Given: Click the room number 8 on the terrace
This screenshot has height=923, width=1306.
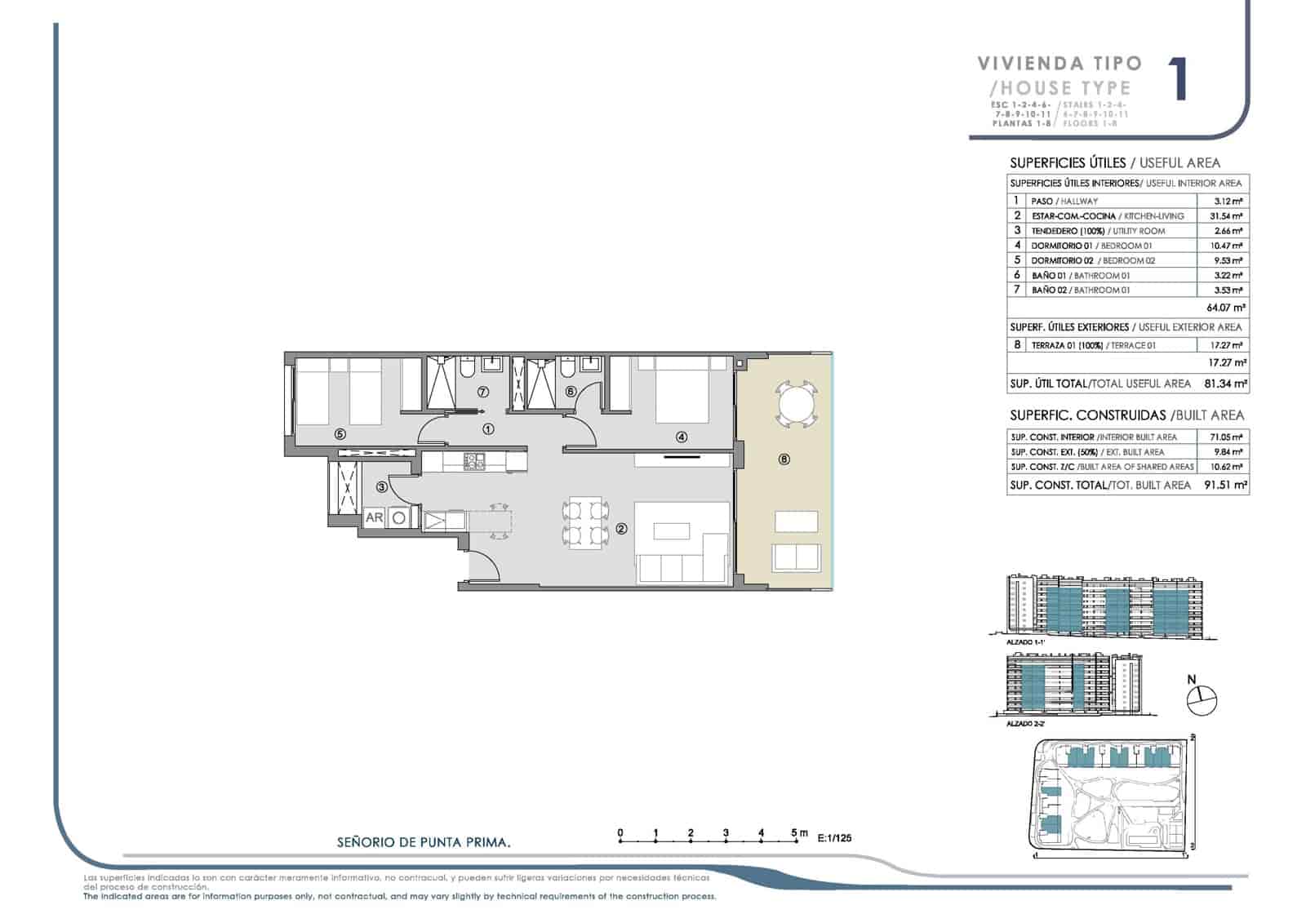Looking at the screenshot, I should pyautogui.click(x=784, y=459).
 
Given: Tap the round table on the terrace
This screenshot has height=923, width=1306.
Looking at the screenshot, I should pyautogui.click(x=796, y=402).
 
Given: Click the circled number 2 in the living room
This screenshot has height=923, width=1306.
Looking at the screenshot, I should pyautogui.click(x=622, y=529).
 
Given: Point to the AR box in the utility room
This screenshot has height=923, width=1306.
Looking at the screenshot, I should pyautogui.click(x=374, y=517).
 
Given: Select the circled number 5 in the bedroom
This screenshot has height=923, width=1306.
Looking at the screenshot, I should pyautogui.click(x=340, y=435).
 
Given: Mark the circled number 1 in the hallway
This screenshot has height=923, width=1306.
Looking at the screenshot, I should pyautogui.click(x=488, y=428).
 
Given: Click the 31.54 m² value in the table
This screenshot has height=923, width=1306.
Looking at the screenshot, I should pyautogui.click(x=1226, y=216).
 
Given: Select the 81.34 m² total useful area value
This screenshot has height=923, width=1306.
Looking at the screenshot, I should pyautogui.click(x=1225, y=384).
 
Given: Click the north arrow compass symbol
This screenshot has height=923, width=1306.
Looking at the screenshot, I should pyautogui.click(x=1202, y=699).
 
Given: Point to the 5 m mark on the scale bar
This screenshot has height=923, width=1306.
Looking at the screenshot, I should pyautogui.click(x=795, y=834).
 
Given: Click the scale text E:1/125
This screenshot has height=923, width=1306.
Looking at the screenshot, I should pyautogui.click(x=833, y=836).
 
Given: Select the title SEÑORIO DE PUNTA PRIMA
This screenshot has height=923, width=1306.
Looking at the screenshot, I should pyautogui.click(x=424, y=841).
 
